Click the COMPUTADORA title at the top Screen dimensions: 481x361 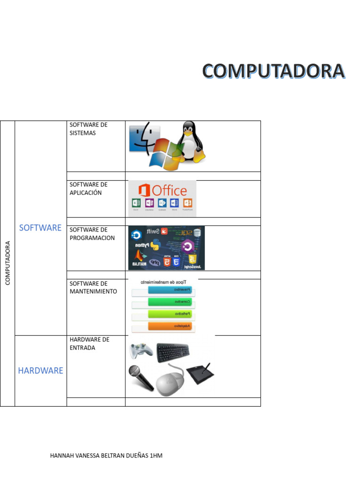(x=274, y=71)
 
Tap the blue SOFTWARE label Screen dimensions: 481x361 (x=40, y=228)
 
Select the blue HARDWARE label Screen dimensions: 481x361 (x=40, y=371)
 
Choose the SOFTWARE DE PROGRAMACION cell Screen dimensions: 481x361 (x=92, y=233)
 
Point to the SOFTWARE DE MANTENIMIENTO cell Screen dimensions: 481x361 (x=93, y=287)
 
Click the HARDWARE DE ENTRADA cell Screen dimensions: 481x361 (x=89, y=343)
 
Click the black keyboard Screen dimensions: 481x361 (x=173, y=350)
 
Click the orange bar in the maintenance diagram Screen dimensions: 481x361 (x=170, y=326)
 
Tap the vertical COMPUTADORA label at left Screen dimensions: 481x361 (x=8, y=263)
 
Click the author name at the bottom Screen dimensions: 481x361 (x=106, y=456)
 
